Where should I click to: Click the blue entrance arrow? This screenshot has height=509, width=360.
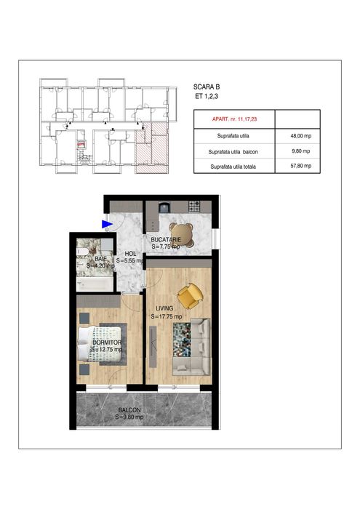107,225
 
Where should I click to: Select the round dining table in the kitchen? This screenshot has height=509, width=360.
188,234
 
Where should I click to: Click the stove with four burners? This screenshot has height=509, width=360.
194,207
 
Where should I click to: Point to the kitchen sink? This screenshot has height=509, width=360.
164,207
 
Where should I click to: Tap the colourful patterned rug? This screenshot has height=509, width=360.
181,340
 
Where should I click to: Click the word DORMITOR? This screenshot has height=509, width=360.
106,342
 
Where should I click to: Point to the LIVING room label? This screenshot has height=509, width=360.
164,309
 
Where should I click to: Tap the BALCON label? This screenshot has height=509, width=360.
130,410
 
